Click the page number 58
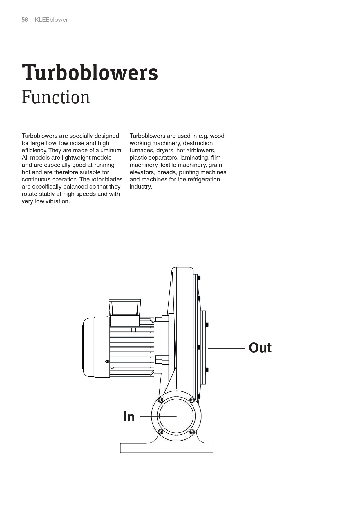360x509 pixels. click(25, 20)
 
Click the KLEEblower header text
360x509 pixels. click(51, 20)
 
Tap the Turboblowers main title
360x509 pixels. click(90, 72)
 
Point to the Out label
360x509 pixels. click(260, 348)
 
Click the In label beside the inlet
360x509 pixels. click(129, 417)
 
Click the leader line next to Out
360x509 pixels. click(226, 348)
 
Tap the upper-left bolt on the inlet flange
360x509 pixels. click(160, 400)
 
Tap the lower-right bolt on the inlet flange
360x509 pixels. click(192, 432)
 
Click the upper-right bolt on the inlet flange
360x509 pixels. click(192, 400)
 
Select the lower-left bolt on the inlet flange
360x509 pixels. click(160, 432)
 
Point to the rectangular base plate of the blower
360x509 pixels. click(167, 448)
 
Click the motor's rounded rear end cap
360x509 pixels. click(88, 347)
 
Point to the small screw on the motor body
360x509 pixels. click(107, 361)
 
